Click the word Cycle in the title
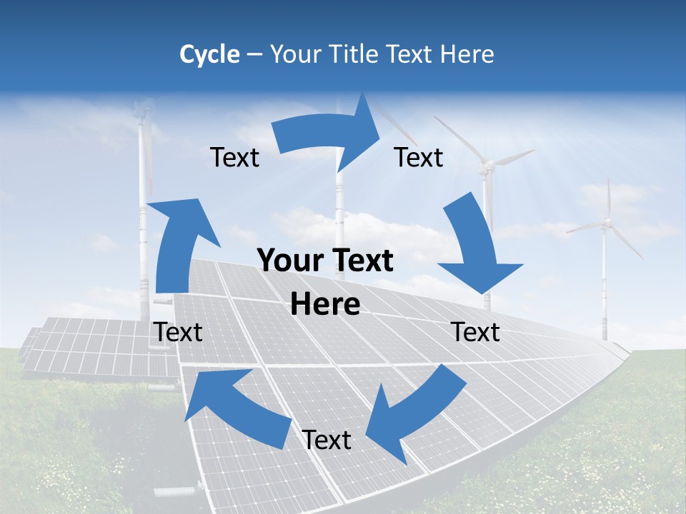tap(209, 54)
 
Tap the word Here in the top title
tap(468, 54)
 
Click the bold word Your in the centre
tap(286, 261)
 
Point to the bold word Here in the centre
tap(325, 305)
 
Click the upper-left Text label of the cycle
tap(234, 158)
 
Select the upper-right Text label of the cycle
tap(419, 158)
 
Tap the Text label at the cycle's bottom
tap(327, 440)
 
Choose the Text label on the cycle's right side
tap(475, 332)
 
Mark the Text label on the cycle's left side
tap(178, 332)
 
